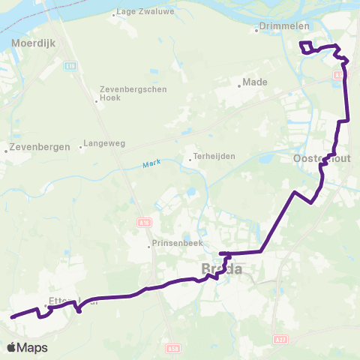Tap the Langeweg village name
pyautogui.click(x=106, y=145)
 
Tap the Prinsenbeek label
pyautogui.click(x=177, y=244)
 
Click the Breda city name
pyautogui.click(x=222, y=268)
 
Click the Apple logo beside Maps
pyautogui.click(x=11, y=348)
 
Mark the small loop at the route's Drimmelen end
pyautogui.click(x=307, y=47)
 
